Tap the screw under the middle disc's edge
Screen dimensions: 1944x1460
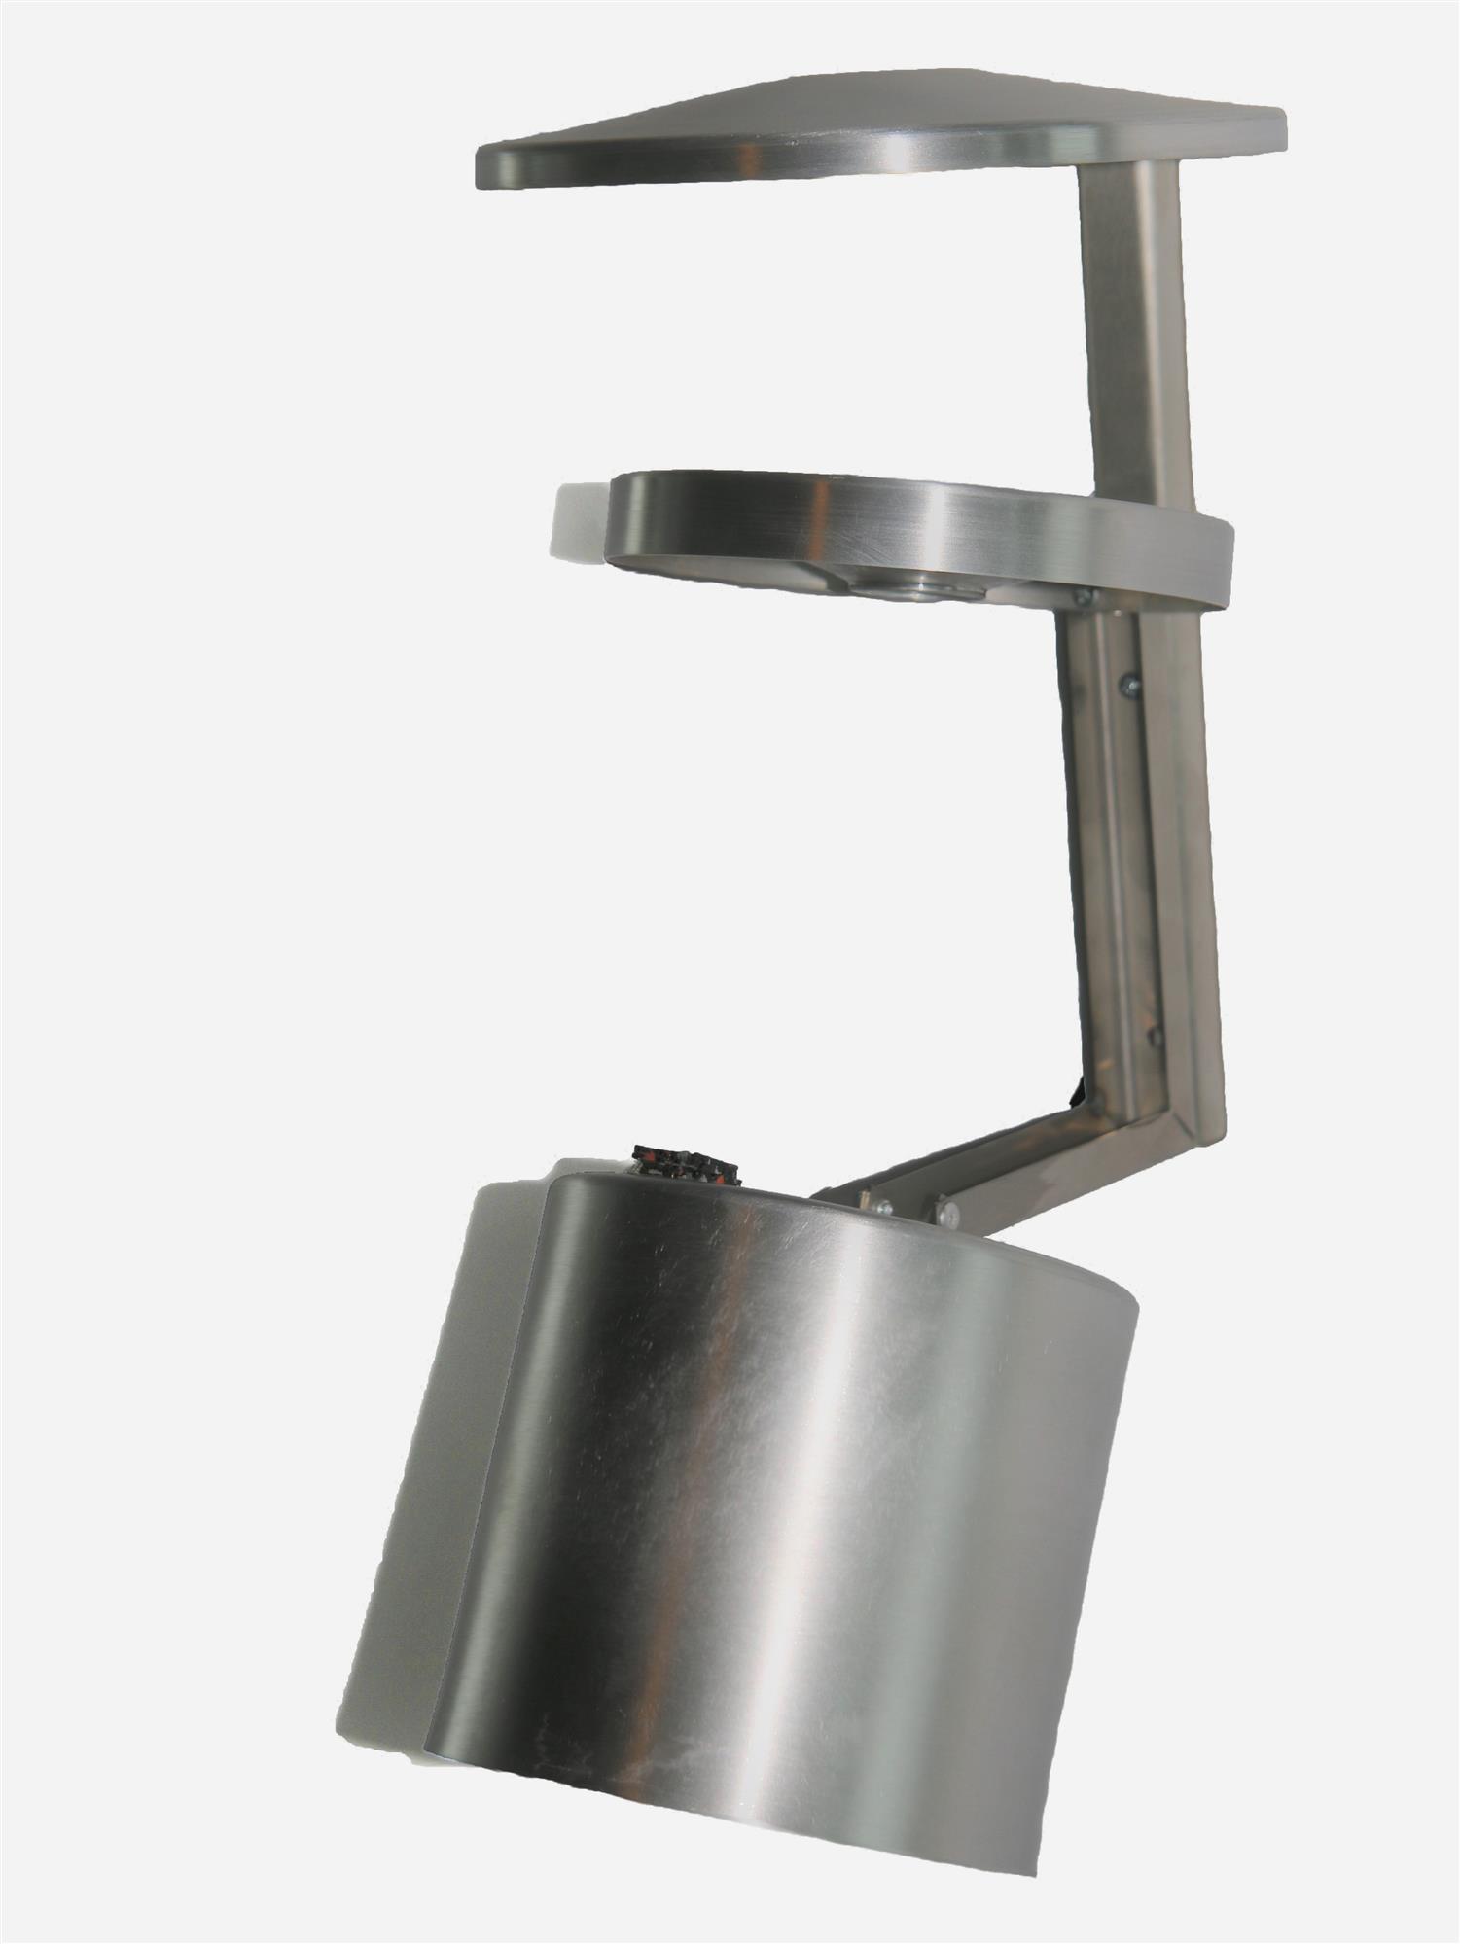1085,596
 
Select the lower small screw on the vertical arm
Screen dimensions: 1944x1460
1155,1034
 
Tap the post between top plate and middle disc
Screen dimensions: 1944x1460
1133,321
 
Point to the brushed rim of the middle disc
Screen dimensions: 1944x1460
875,525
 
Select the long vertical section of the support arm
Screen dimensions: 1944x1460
1138,856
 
